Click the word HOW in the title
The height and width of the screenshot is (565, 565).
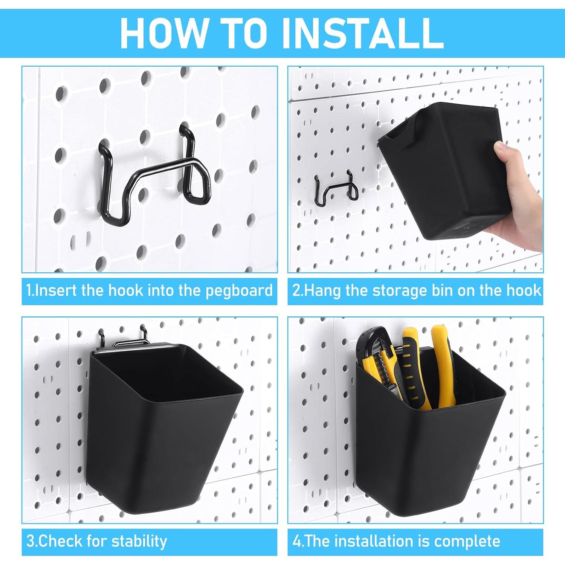163,33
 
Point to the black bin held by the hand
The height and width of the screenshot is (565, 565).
444,169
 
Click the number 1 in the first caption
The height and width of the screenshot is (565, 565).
29,291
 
